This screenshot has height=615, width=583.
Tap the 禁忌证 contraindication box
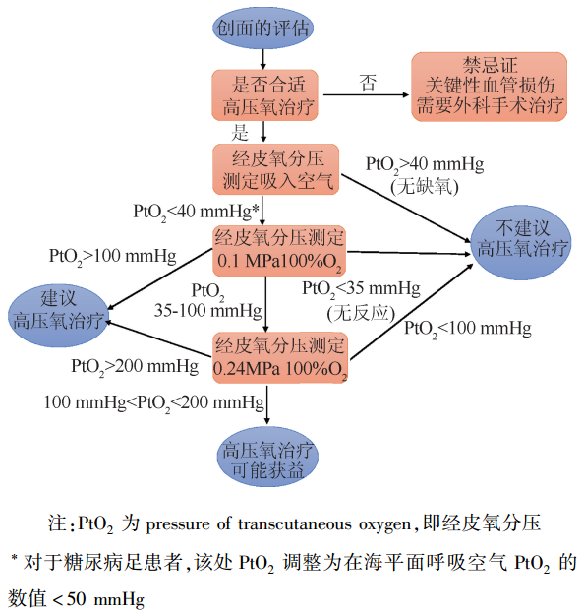(x=489, y=86)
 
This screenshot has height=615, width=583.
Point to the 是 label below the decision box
(x=241, y=132)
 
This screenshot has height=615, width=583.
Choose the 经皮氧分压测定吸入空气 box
(x=274, y=168)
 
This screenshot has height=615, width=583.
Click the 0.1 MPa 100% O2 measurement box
(x=279, y=251)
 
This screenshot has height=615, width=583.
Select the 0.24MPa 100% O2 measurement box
(x=279, y=357)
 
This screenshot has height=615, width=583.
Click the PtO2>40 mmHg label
(x=424, y=163)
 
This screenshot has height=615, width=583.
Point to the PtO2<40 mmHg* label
(x=196, y=211)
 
